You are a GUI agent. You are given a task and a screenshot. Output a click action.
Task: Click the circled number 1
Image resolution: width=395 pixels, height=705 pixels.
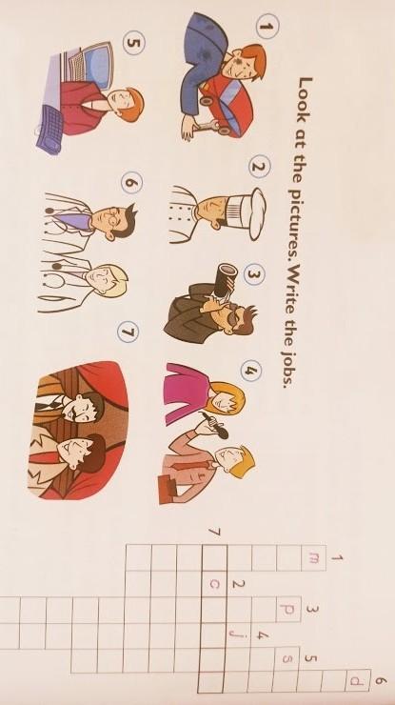coord(267,27)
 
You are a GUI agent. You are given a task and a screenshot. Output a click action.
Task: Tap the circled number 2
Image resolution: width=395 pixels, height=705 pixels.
coord(260,167)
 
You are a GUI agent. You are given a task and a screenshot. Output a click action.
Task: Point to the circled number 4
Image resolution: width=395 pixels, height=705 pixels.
coord(250,371)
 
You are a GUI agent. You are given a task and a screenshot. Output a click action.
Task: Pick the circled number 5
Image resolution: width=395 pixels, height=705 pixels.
coord(134,44)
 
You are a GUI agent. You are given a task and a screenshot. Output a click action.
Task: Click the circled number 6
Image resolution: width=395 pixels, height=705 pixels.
coord(131,183)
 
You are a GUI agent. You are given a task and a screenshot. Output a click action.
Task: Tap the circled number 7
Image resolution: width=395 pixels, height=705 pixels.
coord(128,332)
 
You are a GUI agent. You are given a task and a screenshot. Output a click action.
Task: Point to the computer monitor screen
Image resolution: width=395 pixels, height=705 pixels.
coord(97,68)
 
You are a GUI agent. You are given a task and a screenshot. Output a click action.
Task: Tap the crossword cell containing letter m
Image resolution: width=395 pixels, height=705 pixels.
coord(313,558)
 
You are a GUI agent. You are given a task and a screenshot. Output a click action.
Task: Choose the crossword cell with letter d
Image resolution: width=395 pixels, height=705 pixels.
coord(358,681)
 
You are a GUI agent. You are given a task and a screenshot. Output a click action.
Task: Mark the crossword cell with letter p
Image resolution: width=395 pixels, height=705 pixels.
coord(287,610)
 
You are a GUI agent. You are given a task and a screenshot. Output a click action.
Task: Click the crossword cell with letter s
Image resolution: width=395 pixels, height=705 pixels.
coord(286,659)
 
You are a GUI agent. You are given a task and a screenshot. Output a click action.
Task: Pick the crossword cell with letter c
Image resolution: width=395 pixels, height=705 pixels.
coord(214,584)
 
